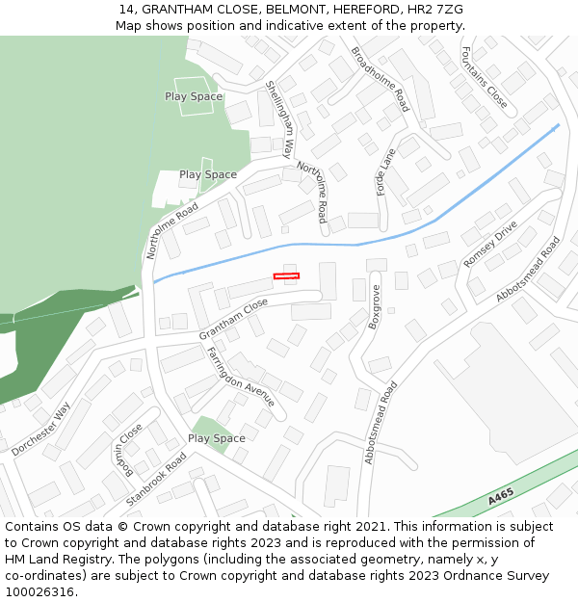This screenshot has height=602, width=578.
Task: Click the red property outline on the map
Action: pyautogui.click(x=286, y=276)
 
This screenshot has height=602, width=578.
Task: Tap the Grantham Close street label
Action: pyautogui.click(x=234, y=319)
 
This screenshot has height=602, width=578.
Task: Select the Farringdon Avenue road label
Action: pyautogui.click(x=242, y=377)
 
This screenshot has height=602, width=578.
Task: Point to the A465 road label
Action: pyautogui.click(x=501, y=497)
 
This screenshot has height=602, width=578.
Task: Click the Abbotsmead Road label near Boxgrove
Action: pyautogui.click(x=381, y=423)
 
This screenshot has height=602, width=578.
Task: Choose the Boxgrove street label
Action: pyautogui.click(x=374, y=306)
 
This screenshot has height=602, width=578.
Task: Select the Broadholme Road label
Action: pyautogui.click(x=381, y=79)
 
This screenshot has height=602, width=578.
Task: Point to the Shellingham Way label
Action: pyautogui.click(x=280, y=118)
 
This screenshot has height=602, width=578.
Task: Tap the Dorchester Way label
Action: pyautogui.click(x=41, y=429)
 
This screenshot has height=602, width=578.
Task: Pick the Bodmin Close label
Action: pyautogui.click(x=122, y=447)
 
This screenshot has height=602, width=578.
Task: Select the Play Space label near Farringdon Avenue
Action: pyautogui.click(x=217, y=438)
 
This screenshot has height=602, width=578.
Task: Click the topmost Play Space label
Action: pyautogui.click(x=194, y=96)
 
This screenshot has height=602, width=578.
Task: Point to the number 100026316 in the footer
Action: pyautogui.click(x=39, y=591)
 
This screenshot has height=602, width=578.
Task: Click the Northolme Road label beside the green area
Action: pyautogui.click(x=171, y=231)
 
